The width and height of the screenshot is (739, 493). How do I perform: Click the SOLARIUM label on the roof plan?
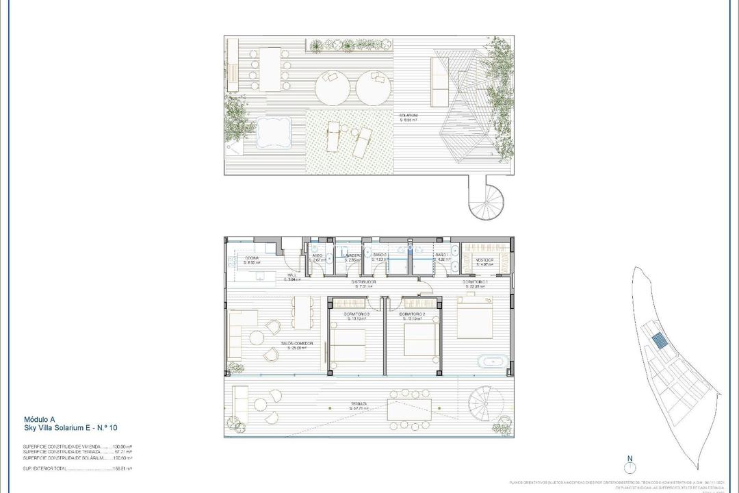click(410, 116)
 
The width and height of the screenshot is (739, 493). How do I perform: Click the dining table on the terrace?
click(410, 409)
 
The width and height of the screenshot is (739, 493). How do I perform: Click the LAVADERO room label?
click(352, 256)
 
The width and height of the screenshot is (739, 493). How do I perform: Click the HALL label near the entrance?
click(291, 277)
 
